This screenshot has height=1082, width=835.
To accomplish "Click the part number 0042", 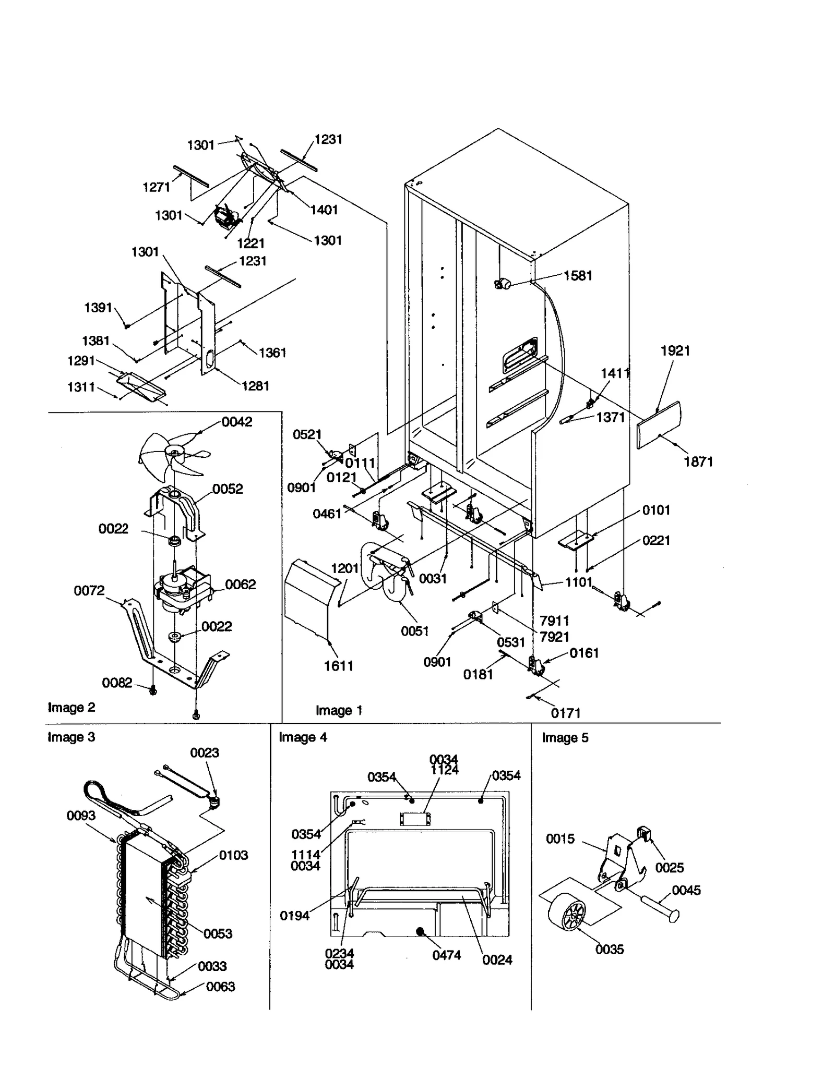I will pos(237,422).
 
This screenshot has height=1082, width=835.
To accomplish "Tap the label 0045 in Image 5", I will pos(686,890).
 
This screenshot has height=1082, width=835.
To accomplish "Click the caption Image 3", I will pos(71,737).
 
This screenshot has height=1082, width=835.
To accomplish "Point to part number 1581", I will pos(578,275).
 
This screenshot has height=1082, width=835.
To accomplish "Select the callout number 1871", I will pos(698,461).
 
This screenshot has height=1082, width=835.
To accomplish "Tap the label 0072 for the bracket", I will pos(89,590).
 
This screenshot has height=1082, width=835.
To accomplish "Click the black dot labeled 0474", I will pos(420,931).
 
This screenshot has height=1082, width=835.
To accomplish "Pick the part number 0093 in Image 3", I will pos(81,816).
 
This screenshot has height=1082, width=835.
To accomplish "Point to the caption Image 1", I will pos(339,710).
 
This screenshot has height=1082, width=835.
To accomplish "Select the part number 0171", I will pos(566,713).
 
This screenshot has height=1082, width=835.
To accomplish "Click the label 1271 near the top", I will pos(157,187).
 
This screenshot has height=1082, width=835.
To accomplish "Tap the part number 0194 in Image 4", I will pos(294,916).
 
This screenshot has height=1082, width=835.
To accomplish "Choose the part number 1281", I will pos(255,386).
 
